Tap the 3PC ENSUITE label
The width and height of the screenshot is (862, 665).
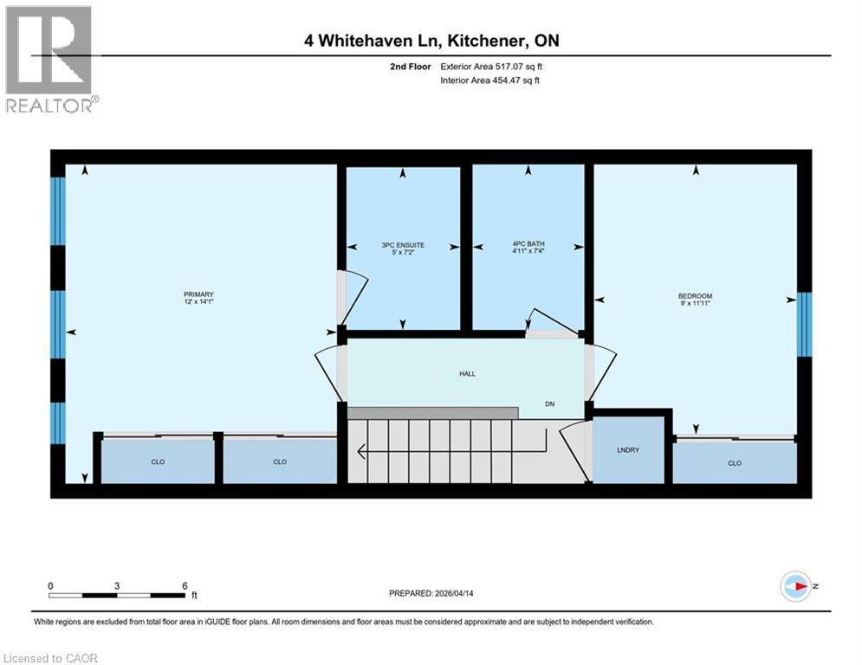point(403,245)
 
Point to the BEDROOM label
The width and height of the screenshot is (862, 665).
point(695,296)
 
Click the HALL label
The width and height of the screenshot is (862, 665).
point(468,374)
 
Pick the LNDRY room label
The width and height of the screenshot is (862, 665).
point(629,451)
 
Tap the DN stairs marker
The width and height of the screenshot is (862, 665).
point(549,404)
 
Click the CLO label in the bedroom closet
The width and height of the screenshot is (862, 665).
point(735,463)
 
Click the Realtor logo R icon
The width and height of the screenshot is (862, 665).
point(48,50)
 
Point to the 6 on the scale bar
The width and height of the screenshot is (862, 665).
point(185,585)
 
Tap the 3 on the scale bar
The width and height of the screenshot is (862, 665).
point(117,585)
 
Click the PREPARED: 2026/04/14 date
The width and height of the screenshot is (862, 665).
point(432,593)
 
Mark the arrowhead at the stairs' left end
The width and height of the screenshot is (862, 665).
point(360,451)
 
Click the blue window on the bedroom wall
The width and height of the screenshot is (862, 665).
point(804,325)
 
